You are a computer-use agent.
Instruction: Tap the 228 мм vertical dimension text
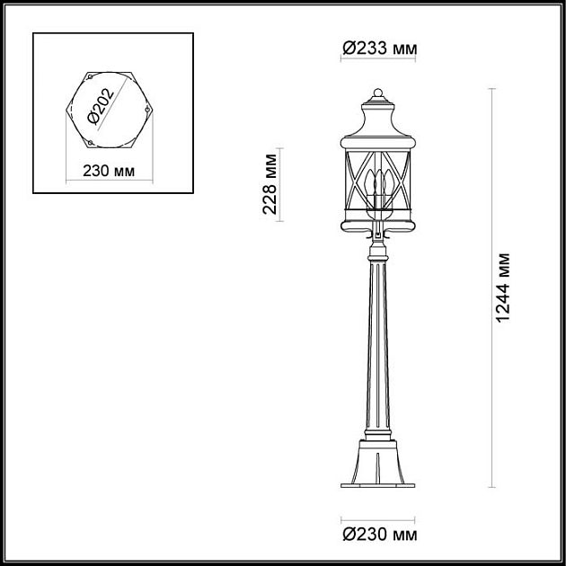click(x=269, y=184)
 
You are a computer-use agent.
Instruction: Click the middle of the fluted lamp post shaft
click(x=376, y=350)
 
